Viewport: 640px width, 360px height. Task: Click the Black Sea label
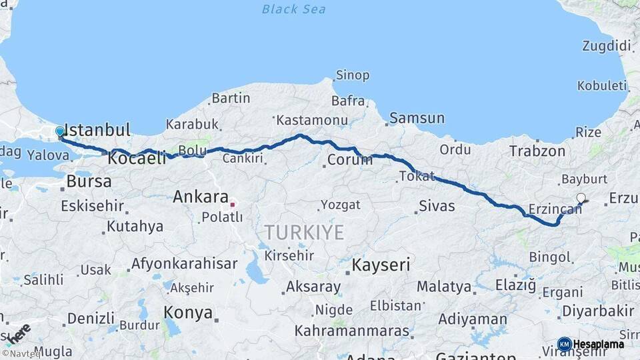[x=293, y=9]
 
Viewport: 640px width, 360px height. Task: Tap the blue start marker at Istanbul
[x=60, y=132]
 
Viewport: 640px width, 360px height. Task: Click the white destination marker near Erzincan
[x=581, y=198]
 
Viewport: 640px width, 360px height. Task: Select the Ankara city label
[x=201, y=197]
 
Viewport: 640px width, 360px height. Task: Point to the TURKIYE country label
[x=304, y=233]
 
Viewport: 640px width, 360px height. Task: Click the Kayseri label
[x=380, y=265]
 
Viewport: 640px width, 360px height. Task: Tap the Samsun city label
[x=417, y=119]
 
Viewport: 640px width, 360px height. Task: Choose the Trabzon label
[x=537, y=151]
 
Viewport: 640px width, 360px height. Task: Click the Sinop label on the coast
[x=353, y=75]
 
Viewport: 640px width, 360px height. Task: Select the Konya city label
[x=188, y=313]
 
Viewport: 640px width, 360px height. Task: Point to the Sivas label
[x=437, y=206]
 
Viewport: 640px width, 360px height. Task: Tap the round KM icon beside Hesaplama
[x=564, y=345]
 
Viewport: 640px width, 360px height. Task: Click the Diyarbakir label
[x=598, y=311]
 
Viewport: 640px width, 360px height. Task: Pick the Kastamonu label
[x=313, y=121]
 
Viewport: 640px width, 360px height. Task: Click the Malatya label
[x=444, y=287]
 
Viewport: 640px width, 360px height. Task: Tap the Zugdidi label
[x=606, y=46]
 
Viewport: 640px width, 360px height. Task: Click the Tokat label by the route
[x=417, y=177]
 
